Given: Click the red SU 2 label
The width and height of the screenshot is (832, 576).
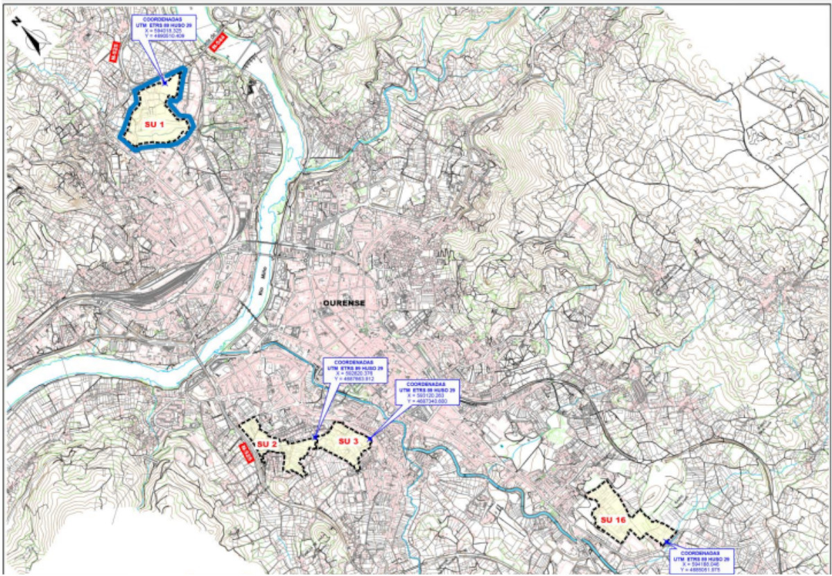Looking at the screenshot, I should (267, 444).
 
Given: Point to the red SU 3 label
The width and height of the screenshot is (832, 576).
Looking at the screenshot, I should (348, 441).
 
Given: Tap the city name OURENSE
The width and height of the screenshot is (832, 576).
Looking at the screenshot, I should (343, 303).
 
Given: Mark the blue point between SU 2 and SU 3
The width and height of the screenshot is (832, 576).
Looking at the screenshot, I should (315, 437).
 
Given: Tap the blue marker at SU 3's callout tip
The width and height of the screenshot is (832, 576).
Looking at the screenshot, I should (371, 439).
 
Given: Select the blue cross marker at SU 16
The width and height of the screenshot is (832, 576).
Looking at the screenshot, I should (667, 543).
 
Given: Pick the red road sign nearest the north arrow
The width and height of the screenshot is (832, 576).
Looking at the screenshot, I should (115, 51).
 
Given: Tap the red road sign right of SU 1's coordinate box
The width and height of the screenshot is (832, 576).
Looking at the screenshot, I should (219, 42).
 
